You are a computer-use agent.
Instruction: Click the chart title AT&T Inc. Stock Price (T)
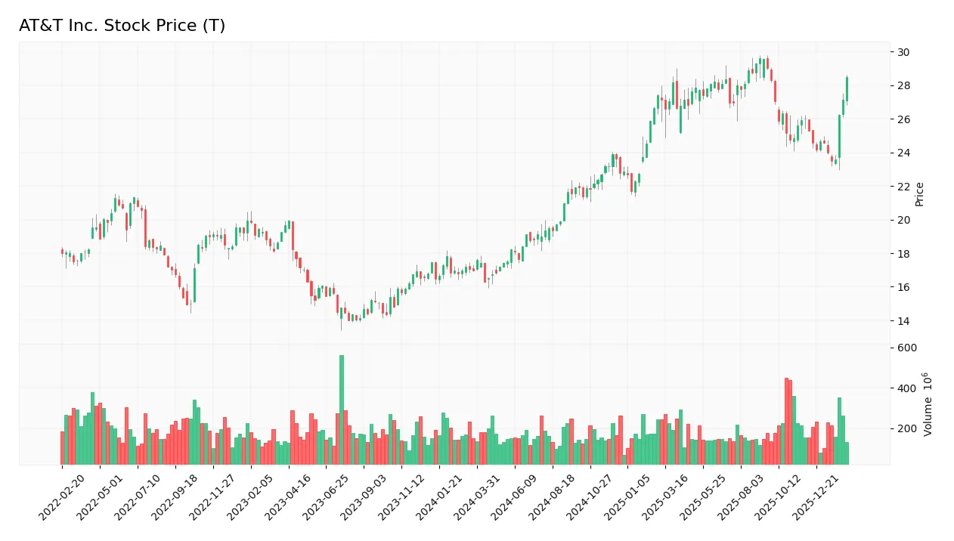click(122, 26)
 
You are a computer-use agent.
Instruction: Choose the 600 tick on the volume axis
click(907, 348)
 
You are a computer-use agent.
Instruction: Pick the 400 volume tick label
click(907, 388)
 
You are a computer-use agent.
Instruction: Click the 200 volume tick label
click(907, 428)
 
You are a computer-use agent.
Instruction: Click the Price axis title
click(919, 194)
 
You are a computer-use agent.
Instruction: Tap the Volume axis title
click(928, 403)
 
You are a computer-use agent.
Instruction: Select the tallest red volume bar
click(786, 421)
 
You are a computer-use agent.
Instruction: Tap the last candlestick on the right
click(847, 88)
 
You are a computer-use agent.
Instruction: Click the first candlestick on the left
click(62, 252)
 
